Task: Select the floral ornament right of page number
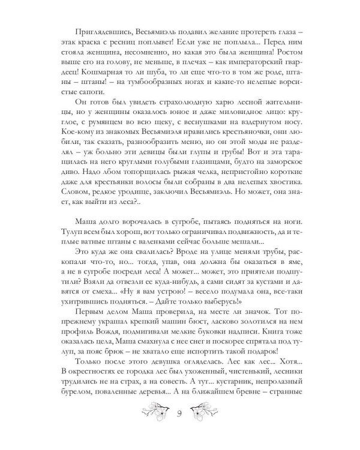coord(208,427)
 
